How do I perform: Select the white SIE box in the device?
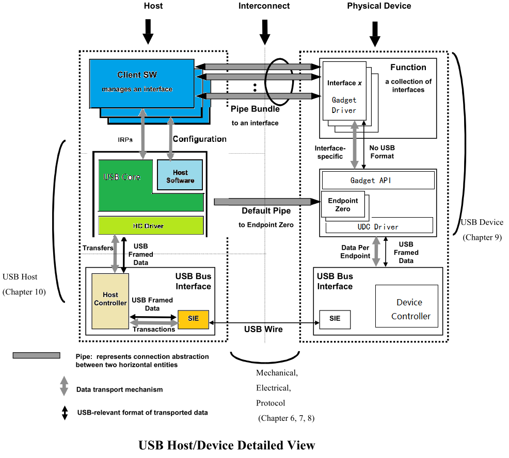point(335,319)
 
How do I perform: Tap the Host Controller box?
point(110,301)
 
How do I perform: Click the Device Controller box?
point(406,308)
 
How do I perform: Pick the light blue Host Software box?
point(180,175)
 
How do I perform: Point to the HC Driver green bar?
point(151,226)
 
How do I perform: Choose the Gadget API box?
point(377,181)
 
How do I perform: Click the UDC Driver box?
point(379,226)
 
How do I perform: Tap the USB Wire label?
point(263,329)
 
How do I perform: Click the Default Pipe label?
point(266,211)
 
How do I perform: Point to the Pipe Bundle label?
point(255,109)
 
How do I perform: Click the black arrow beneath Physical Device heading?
point(375,35)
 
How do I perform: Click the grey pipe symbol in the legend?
point(36,356)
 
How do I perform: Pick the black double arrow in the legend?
point(65,413)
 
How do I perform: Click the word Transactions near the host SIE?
point(154,329)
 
